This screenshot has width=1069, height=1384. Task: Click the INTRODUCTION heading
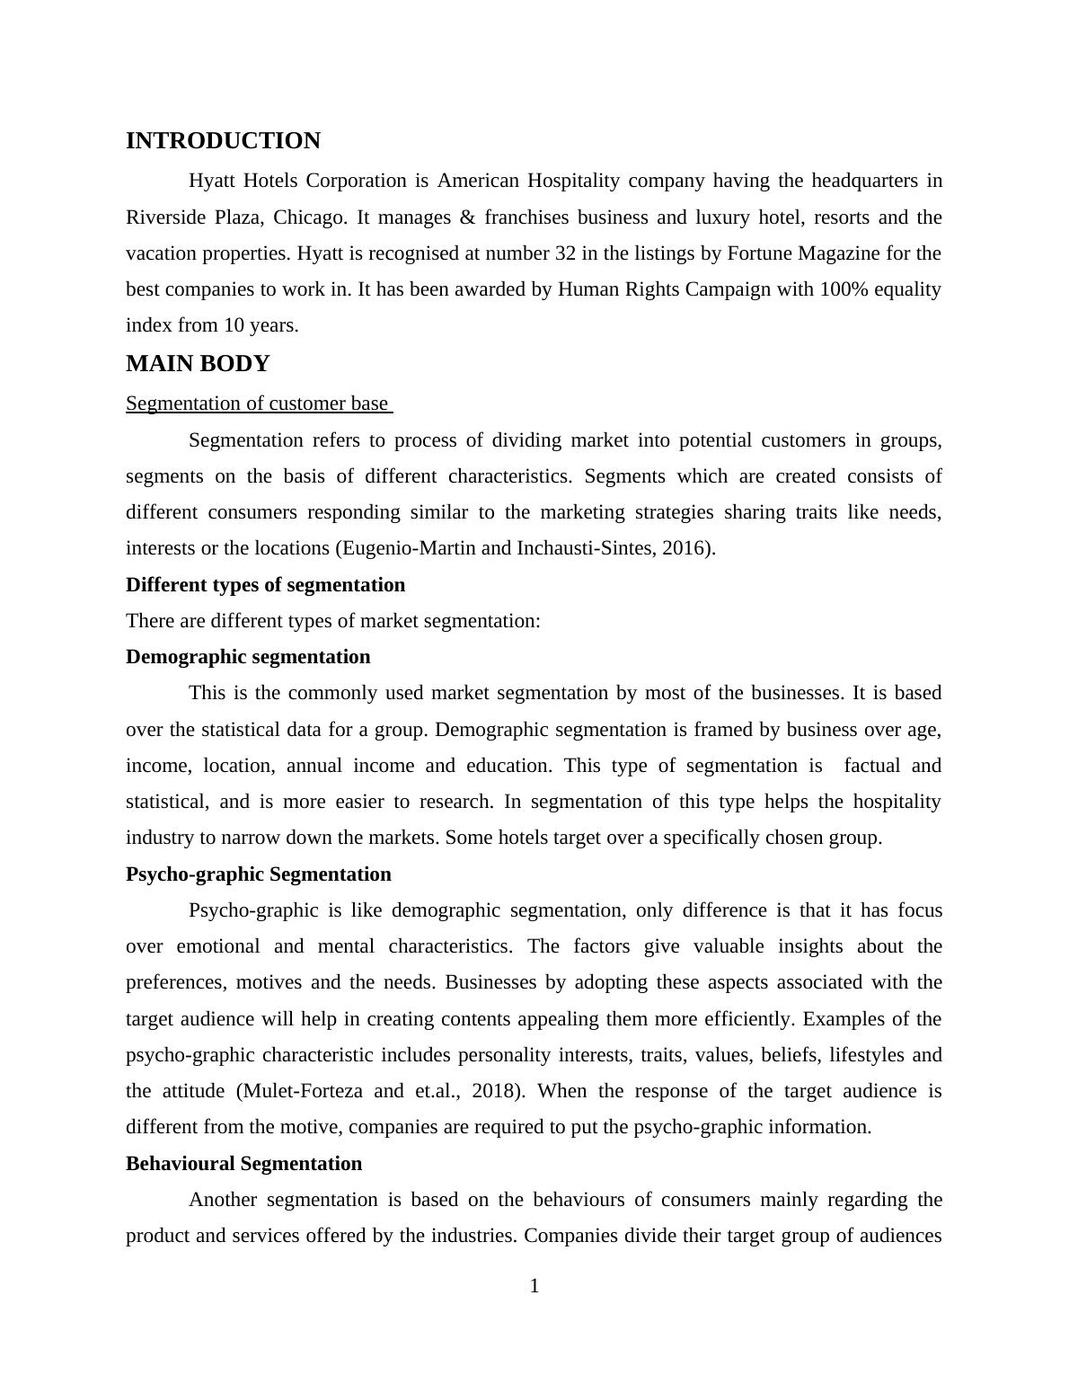coord(223,141)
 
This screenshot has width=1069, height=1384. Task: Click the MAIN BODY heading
coord(198,364)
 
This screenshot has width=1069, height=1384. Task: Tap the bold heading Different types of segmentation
coord(265,585)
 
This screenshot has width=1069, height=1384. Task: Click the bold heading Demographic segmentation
coord(248,657)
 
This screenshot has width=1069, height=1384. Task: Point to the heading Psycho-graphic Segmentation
coord(259,874)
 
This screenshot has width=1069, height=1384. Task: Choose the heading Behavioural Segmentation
coord(243,1164)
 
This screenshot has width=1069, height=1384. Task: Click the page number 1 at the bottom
coord(534,1287)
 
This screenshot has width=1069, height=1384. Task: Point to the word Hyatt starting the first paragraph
coord(213,181)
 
